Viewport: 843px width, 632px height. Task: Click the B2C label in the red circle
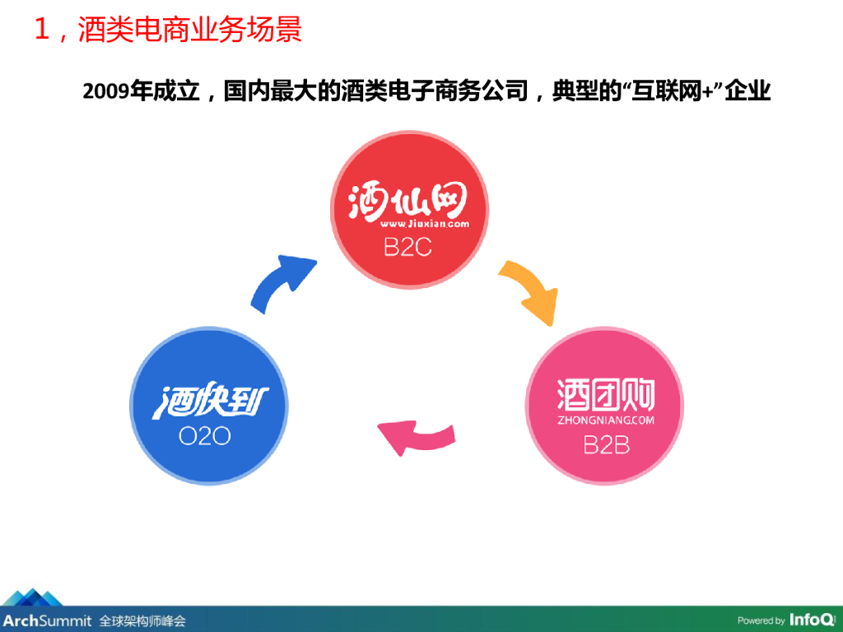pyautogui.click(x=408, y=247)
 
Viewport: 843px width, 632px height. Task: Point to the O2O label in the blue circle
pyautogui.click(x=205, y=436)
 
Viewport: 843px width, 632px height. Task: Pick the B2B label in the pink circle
pyautogui.click(x=606, y=445)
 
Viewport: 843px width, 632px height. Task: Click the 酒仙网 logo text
pyautogui.click(x=408, y=201)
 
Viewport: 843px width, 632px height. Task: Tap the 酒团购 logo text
pyautogui.click(x=606, y=395)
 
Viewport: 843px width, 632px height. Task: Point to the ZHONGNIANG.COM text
pyautogui.click(x=606, y=420)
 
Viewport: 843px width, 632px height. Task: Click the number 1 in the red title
pyautogui.click(x=42, y=30)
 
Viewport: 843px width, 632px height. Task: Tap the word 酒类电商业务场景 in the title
pyautogui.click(x=190, y=30)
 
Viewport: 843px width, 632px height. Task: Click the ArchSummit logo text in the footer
pyautogui.click(x=46, y=620)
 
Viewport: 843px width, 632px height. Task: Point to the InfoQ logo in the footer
pyautogui.click(x=811, y=620)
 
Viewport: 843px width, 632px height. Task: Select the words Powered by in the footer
pyautogui.click(x=761, y=620)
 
